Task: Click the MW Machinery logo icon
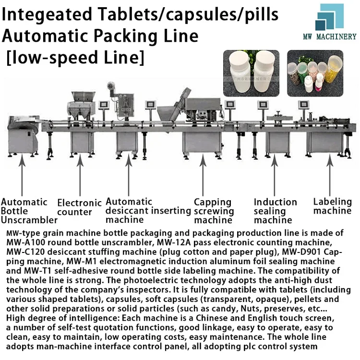click(329, 17)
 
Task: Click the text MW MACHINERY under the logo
click(329, 36)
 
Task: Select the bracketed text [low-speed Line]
click(75, 58)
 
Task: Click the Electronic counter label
click(79, 207)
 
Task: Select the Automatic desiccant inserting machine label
click(148, 211)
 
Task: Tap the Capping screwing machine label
click(214, 211)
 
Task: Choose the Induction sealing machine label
click(275, 211)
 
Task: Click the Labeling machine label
click(332, 206)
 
